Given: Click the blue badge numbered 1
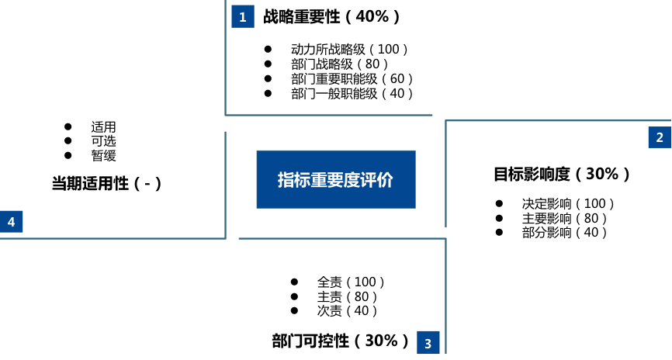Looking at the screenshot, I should click(243, 16).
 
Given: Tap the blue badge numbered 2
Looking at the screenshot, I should click(660, 137).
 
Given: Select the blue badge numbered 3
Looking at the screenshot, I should click(428, 343).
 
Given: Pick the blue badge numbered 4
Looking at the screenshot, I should click(12, 222).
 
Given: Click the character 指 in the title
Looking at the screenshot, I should click(286, 180).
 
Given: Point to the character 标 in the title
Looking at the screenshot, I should click(303, 180).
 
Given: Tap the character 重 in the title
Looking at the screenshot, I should click(319, 180).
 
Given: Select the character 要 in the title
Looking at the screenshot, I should click(335, 180).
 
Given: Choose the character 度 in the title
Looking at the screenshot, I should click(352, 180).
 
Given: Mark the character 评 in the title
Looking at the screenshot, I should click(369, 180).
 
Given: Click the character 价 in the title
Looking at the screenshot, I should click(386, 180).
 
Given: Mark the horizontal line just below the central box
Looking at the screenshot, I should click(341, 238).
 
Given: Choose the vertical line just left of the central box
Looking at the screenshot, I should click(225, 182).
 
